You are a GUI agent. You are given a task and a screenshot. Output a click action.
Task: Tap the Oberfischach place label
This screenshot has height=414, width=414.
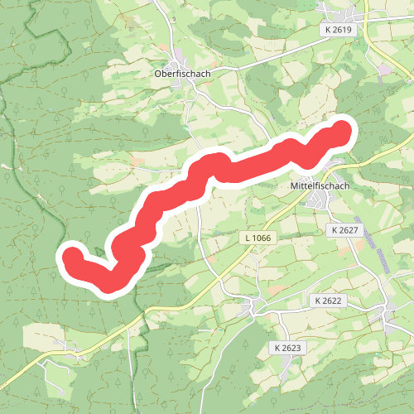point(183,73)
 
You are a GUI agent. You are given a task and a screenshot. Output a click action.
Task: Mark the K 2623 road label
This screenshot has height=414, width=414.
point(286,347)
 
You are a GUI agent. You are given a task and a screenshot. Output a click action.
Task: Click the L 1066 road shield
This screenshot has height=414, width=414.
point(258,238)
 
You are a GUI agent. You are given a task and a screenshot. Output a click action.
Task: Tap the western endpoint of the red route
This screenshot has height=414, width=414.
point(73,256)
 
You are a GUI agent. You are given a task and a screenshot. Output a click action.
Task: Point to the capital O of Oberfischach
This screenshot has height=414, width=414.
point(158,73)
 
